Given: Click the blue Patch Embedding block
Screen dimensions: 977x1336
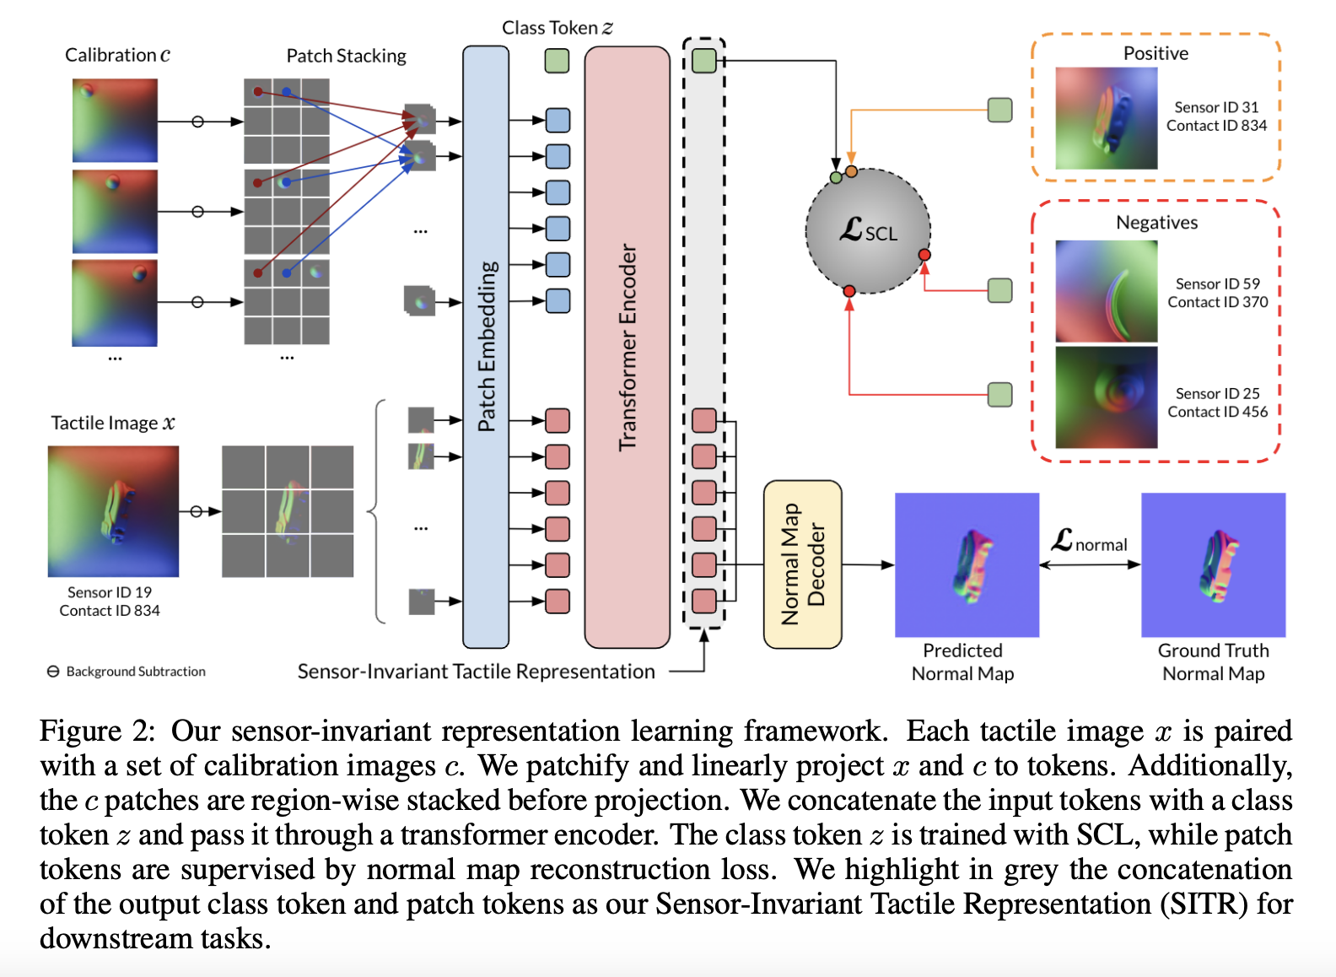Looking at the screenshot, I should point(486,346).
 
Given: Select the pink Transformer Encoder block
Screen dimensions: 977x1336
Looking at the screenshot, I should point(627,346).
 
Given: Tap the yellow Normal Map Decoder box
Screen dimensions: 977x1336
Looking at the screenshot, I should point(802,564).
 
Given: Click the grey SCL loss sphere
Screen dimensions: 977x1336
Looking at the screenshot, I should point(868,231).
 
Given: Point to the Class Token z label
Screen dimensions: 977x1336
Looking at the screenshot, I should point(557,28).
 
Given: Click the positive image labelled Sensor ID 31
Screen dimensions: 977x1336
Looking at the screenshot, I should point(1106,118).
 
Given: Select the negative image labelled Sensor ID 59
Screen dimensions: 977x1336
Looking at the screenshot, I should point(1106,291).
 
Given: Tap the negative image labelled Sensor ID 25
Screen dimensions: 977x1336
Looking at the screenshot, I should point(1106,397).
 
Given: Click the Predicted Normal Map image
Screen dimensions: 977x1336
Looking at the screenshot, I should point(967,564).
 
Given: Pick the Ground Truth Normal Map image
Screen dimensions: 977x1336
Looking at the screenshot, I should point(1213,564).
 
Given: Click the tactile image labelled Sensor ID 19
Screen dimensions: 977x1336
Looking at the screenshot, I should point(113,511).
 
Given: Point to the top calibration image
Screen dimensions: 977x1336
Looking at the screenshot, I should point(115,120).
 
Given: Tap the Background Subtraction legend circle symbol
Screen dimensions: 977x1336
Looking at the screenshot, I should point(53,672).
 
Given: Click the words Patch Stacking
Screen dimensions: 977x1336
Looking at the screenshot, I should point(346,56).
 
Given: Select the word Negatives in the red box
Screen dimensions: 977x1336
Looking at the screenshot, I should point(1156,223).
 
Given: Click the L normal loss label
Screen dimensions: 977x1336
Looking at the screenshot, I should point(1089,542).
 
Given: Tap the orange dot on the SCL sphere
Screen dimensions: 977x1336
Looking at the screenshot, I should point(851,171).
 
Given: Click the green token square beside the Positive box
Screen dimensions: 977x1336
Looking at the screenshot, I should point(999,110).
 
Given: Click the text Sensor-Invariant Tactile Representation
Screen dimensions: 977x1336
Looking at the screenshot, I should point(476,672).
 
